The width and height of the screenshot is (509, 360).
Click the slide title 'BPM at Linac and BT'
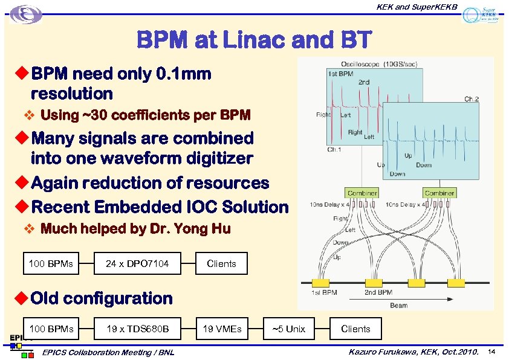pyautogui.click(x=254, y=40)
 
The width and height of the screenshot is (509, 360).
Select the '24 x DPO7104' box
pyautogui.click(x=137, y=263)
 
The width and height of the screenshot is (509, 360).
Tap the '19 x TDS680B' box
pyautogui.click(x=137, y=329)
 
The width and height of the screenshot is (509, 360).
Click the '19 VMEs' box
pyautogui.click(x=222, y=329)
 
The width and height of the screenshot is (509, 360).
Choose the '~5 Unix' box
pyautogui.click(x=288, y=329)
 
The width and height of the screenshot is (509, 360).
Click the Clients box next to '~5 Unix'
pyautogui.click(x=355, y=329)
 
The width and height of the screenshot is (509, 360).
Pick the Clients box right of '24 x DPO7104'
pyautogui.click(x=221, y=263)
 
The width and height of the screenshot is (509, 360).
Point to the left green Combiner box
pyautogui.click(x=362, y=193)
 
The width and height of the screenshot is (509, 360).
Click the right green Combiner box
pyautogui.click(x=439, y=193)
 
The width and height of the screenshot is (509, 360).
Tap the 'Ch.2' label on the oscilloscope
pyautogui.click(x=471, y=98)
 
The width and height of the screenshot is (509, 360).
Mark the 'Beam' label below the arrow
pyautogui.click(x=398, y=305)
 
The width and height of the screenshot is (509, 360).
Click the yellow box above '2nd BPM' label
pyautogui.click(x=372, y=283)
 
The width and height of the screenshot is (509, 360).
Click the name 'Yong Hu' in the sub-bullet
pyautogui.click(x=208, y=229)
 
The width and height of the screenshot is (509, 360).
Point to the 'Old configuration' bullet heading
pyautogui.click(x=102, y=298)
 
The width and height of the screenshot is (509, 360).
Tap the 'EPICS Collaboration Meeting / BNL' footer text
pyautogui.click(x=109, y=352)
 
